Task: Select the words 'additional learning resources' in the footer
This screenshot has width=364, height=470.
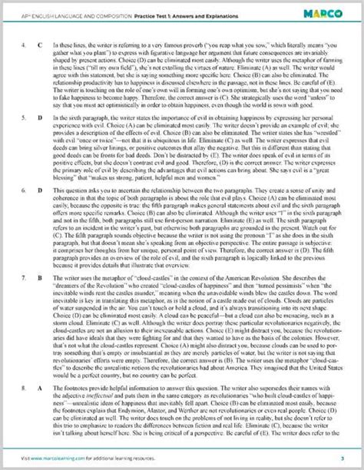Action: tap(146, 458)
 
